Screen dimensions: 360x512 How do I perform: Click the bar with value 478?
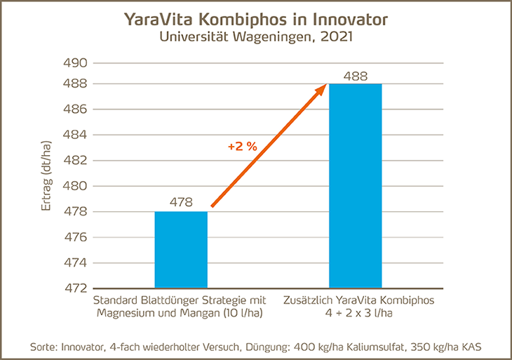pyautogui.click(x=181, y=249)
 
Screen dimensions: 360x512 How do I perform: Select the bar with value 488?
pyautogui.click(x=356, y=186)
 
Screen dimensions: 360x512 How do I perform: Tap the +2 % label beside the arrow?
pyautogui.click(x=242, y=147)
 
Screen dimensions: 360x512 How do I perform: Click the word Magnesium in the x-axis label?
pyautogui.click(x=131, y=313)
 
